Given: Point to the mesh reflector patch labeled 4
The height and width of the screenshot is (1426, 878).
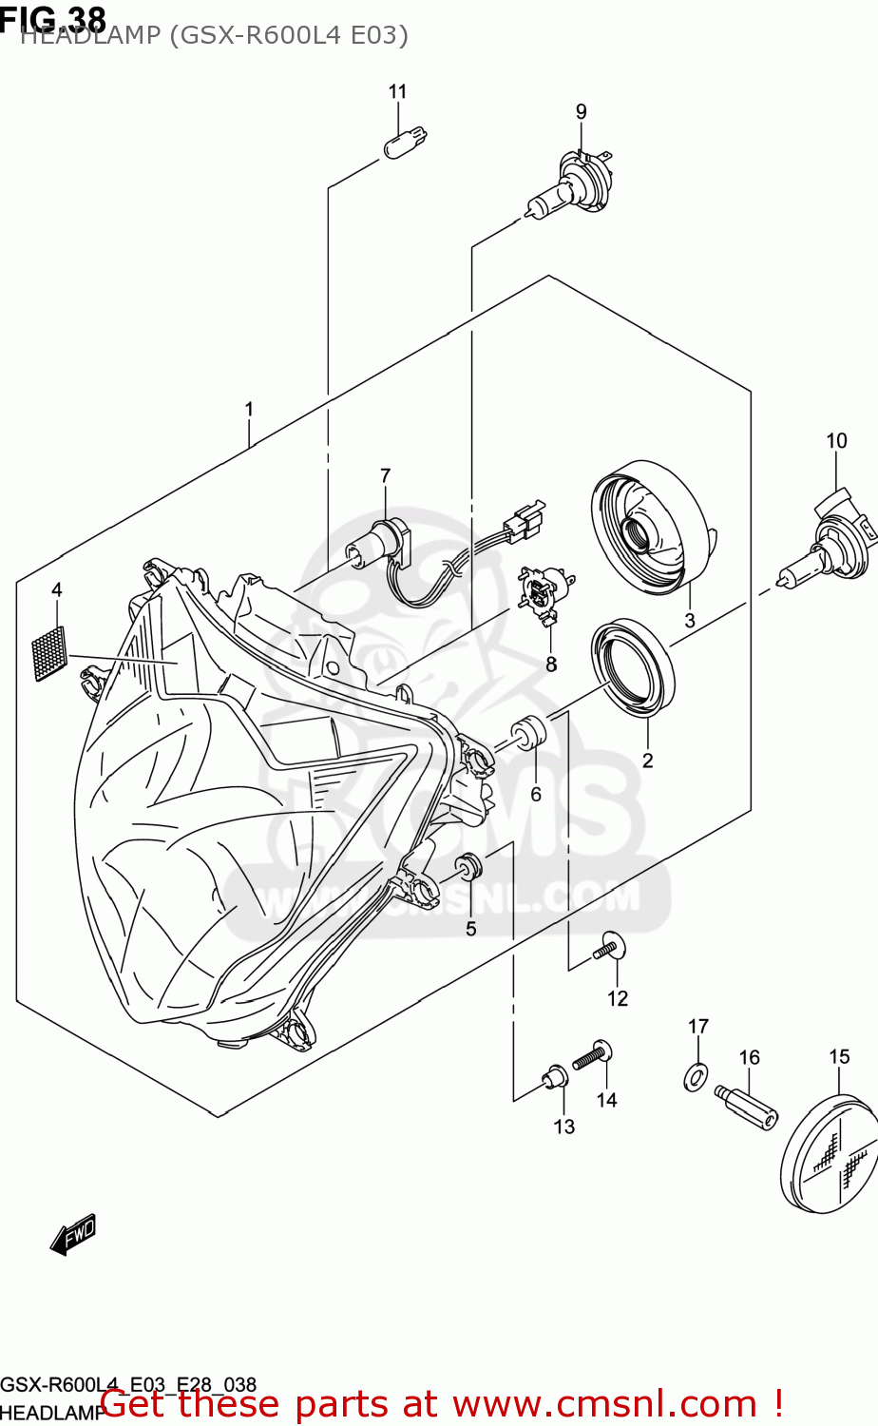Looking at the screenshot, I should [x=49, y=653].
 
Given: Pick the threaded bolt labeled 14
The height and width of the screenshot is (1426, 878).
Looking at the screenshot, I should [x=593, y=1054].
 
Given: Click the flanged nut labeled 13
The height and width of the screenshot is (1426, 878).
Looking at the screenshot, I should [x=554, y=1077].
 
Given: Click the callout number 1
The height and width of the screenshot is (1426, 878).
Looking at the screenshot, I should [x=249, y=410].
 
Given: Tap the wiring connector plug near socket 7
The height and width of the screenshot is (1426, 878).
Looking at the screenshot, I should [x=525, y=520].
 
